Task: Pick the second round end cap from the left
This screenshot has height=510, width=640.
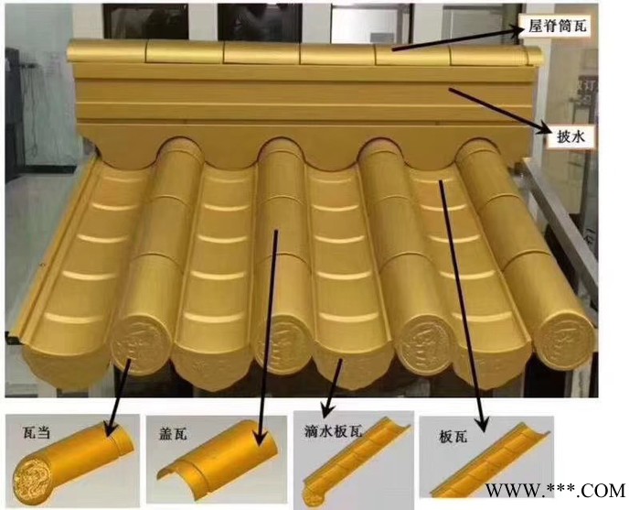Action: [273, 344]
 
